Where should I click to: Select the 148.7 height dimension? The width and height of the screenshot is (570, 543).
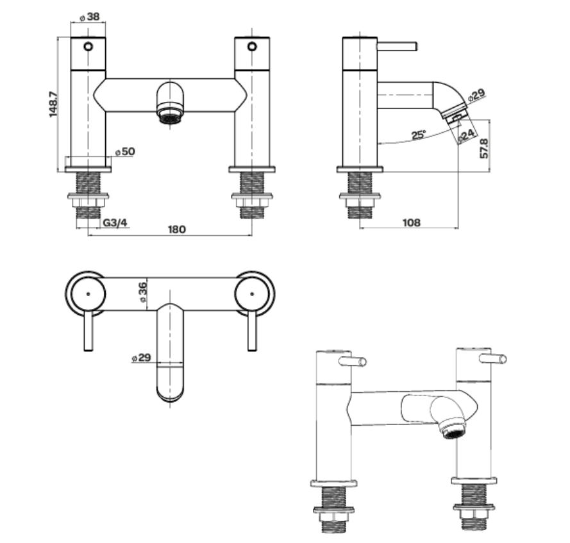pyautogui.click(x=54, y=104)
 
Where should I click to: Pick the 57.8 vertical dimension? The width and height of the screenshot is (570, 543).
pyautogui.click(x=485, y=148)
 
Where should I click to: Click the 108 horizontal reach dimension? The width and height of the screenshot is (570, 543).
pyautogui.click(x=411, y=222)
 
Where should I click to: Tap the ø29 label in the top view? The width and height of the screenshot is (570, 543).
pyautogui.click(x=140, y=358)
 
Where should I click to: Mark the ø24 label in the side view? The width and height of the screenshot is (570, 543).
pyautogui.click(x=466, y=135)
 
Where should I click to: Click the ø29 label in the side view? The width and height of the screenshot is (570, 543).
pyautogui.click(x=476, y=97)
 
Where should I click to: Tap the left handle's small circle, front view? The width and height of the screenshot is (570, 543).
pyautogui.click(x=88, y=46)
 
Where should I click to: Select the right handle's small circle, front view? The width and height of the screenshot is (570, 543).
pyautogui.click(x=253, y=46)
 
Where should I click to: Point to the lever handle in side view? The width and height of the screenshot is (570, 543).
pyautogui.click(x=397, y=46)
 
